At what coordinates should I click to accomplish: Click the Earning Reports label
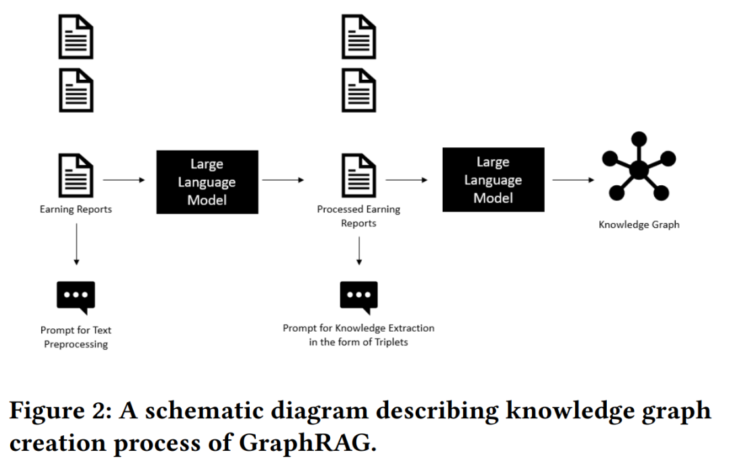point(76,210)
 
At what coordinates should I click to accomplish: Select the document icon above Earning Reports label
point(76,176)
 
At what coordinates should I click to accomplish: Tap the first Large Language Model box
point(207,182)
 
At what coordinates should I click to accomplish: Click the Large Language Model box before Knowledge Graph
point(493,180)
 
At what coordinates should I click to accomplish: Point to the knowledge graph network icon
point(639,166)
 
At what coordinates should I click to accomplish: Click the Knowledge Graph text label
point(639,225)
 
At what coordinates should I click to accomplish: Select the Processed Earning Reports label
point(358,216)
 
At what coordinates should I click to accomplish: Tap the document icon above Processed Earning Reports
point(358,176)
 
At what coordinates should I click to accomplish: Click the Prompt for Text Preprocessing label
point(76,337)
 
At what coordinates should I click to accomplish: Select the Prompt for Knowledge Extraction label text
point(358,335)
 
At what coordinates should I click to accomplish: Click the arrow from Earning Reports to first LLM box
point(124,180)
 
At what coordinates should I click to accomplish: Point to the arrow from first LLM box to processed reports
point(283,180)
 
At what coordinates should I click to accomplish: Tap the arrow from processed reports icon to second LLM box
point(407,180)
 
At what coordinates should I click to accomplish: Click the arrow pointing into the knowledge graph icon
point(573,180)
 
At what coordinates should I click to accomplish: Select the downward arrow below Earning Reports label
point(77,245)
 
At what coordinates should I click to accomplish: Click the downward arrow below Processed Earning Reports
point(359,251)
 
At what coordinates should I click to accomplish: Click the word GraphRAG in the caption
point(307,443)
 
